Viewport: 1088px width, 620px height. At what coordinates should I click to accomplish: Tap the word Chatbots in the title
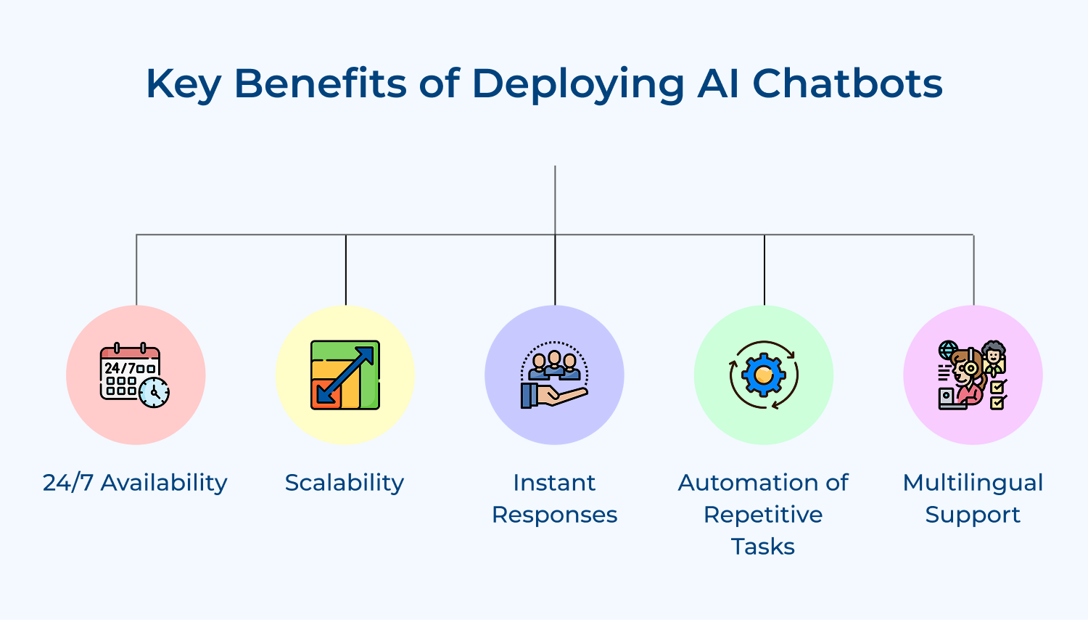847,83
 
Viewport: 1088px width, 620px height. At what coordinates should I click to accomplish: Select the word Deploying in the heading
578,85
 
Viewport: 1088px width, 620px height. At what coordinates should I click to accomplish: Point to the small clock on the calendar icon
154,393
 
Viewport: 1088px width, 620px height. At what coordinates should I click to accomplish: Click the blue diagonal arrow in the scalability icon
346,374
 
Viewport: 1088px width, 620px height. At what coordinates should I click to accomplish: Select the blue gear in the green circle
763,375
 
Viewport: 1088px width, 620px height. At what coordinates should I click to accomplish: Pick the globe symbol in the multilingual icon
947,350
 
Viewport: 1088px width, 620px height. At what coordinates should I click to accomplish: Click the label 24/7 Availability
135,483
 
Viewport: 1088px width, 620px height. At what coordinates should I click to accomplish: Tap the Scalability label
345,483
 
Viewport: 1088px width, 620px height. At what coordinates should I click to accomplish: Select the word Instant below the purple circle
554,483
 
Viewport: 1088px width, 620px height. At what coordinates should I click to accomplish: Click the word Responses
554,515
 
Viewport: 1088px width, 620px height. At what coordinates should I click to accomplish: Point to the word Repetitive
763,515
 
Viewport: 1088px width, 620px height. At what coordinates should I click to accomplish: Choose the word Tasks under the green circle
763,547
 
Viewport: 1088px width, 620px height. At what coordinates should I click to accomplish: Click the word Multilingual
973,483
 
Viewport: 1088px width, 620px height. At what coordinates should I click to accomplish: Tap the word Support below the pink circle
973,515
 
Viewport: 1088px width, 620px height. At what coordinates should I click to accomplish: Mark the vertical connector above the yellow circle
346,269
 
